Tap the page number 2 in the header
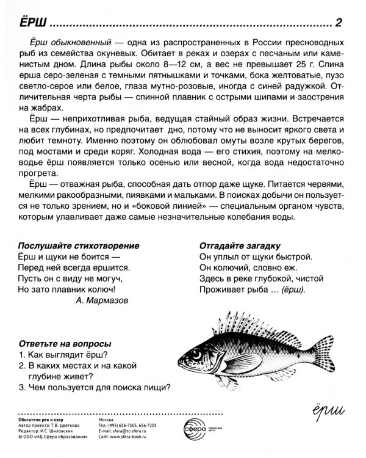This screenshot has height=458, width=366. [x=339, y=23]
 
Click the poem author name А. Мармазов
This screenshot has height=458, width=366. [x=102, y=300]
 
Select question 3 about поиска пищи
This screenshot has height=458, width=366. [x=94, y=387]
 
